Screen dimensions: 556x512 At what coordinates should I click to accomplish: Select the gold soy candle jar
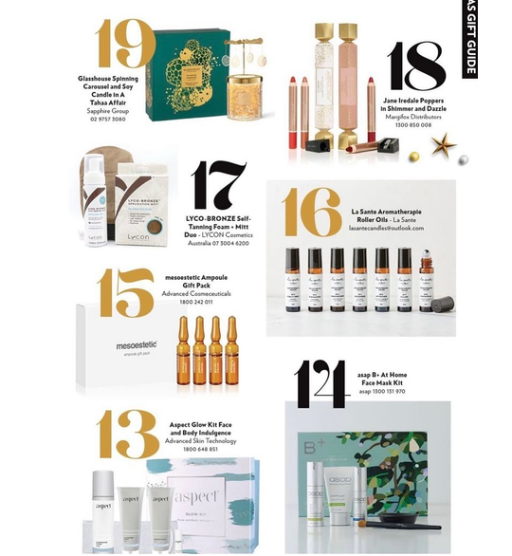pos(247,95)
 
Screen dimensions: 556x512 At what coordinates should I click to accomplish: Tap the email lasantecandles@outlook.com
pos(386,229)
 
